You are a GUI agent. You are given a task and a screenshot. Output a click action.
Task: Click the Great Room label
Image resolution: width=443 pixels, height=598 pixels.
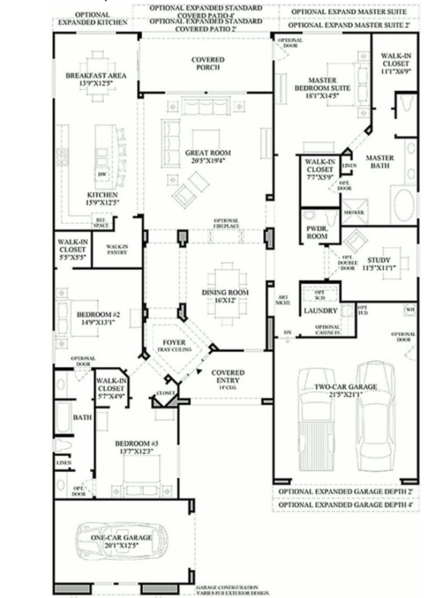tap(208, 153)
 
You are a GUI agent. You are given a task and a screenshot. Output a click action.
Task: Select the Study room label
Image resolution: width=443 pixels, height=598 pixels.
tap(379, 260)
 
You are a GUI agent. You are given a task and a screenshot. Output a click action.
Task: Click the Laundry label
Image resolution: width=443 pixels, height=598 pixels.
tap(321, 311)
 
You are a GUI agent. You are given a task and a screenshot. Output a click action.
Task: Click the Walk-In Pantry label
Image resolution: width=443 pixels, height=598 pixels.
tap(117, 249)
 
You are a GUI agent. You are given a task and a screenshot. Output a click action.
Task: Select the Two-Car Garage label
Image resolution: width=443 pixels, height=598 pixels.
tap(346, 387)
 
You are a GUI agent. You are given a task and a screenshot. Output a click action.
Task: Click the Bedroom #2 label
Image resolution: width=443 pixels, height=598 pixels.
tap(95, 315)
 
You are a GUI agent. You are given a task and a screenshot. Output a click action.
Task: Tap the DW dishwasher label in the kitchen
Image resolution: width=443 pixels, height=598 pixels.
tap(102, 175)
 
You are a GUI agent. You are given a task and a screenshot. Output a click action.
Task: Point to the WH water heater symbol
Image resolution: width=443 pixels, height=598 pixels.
tap(410, 309)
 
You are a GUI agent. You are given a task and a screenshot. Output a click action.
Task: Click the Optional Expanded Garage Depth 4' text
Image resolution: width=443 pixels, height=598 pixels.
tap(346, 505)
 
